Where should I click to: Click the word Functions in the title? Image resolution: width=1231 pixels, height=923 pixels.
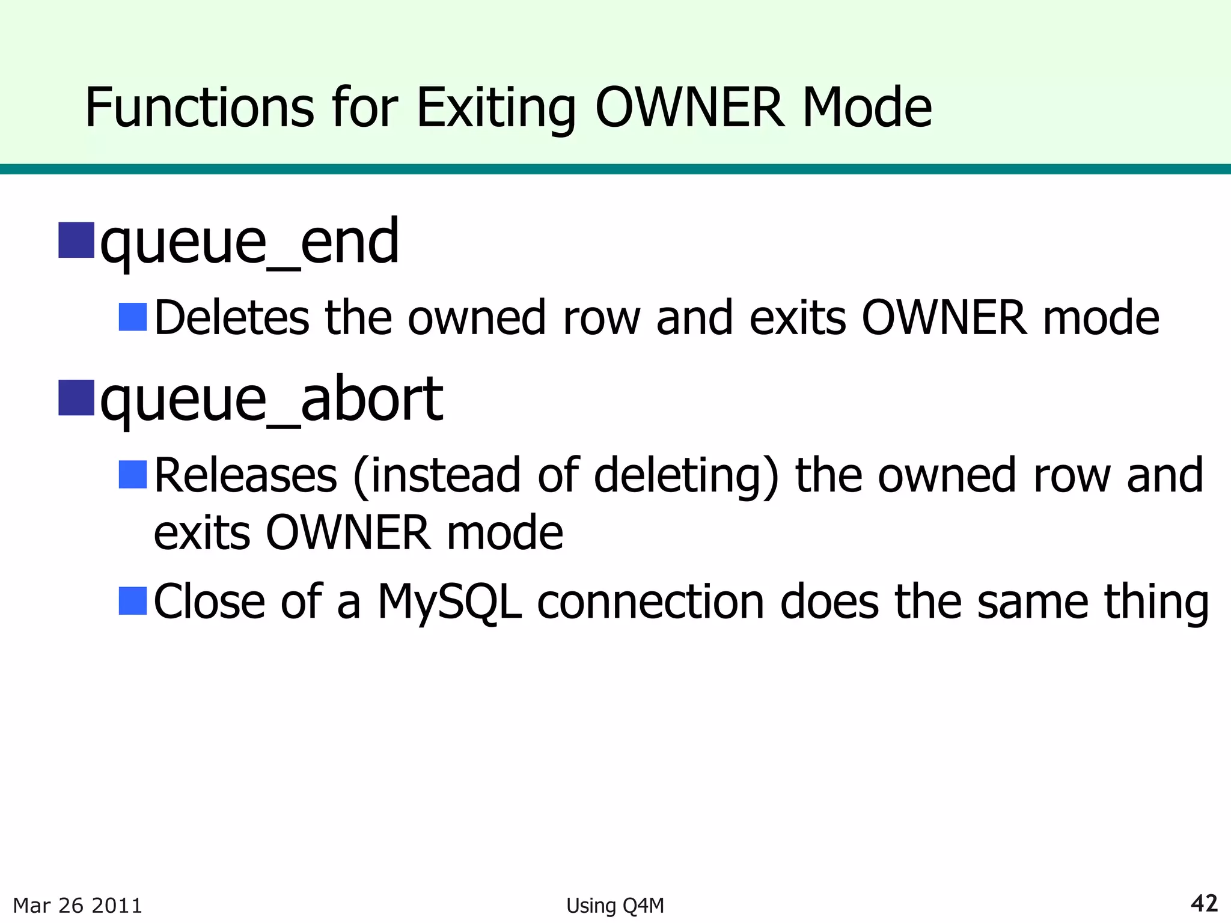click(199, 108)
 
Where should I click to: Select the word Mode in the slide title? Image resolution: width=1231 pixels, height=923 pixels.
click(867, 108)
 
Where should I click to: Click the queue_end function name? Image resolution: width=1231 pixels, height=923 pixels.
click(249, 242)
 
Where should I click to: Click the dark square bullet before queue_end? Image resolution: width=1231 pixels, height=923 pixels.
click(76, 240)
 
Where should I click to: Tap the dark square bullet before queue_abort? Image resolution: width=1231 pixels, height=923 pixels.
click(76, 398)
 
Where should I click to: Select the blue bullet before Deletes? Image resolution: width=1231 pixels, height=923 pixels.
click(133, 317)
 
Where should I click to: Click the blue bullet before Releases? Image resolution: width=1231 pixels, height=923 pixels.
click(133, 475)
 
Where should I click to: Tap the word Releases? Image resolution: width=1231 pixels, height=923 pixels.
click(246, 475)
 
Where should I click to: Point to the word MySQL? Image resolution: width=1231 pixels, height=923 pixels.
click(449, 602)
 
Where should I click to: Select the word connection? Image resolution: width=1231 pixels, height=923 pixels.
click(650, 602)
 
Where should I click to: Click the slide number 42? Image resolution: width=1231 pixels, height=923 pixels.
click(1204, 903)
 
